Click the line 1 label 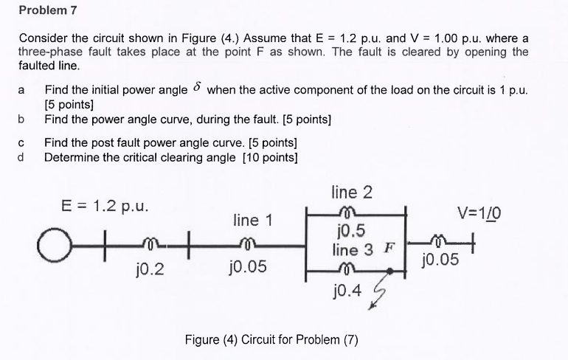(252, 220)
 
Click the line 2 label (352, 193)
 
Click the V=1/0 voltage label (479, 213)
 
